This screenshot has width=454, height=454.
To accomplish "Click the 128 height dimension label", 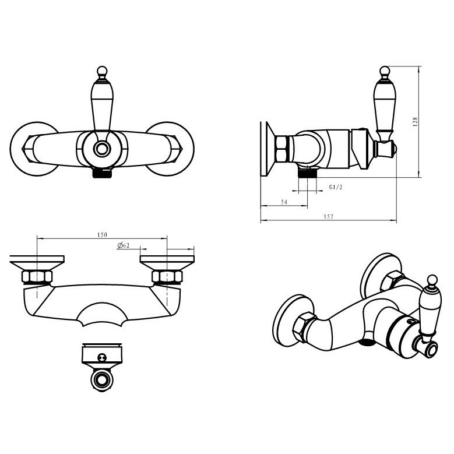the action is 415,122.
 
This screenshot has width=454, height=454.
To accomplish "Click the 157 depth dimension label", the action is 328,216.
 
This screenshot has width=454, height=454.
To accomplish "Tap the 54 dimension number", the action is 284,202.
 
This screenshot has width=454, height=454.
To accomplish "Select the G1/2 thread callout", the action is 336,187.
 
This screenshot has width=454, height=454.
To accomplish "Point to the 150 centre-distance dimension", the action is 102,235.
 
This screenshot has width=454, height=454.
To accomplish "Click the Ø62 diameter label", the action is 124,246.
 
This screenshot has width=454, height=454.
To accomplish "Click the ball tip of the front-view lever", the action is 102,71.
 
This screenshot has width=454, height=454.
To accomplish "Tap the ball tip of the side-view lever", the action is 385,71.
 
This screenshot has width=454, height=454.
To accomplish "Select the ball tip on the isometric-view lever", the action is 432,280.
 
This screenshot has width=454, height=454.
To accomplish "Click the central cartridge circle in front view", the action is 102,149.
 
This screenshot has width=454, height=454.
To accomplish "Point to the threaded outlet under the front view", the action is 102,173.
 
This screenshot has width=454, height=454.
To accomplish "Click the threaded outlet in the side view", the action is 308,173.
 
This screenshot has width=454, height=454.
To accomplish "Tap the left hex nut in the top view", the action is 37,276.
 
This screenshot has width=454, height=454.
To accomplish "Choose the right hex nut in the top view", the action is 167,276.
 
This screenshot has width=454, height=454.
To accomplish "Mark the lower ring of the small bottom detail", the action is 102,380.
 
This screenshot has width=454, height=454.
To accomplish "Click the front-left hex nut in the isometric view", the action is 302,327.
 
